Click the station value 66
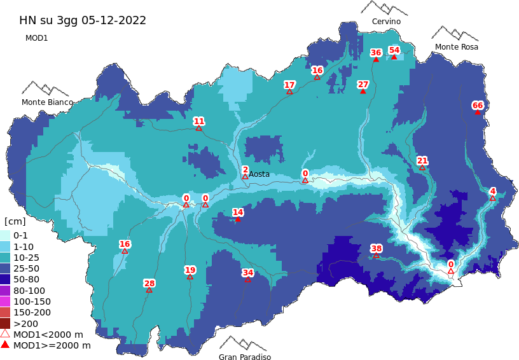tap(478, 106)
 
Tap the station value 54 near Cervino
tap(394, 50)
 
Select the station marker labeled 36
tap(376, 59)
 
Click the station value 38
tap(377, 249)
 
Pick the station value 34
tap(248, 273)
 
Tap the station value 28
tap(149, 283)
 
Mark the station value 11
tap(199, 121)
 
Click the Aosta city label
tap(259, 174)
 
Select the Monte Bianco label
tap(47, 102)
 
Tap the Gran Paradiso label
tap(245, 357)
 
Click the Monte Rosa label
tap(456, 47)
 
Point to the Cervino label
tap(386, 22)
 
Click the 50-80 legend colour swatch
tap(5, 279)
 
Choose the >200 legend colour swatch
tap(5, 323)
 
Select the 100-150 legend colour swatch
tap(5, 301)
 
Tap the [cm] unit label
tap(15, 221)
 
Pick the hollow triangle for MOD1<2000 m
tap(5, 334)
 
